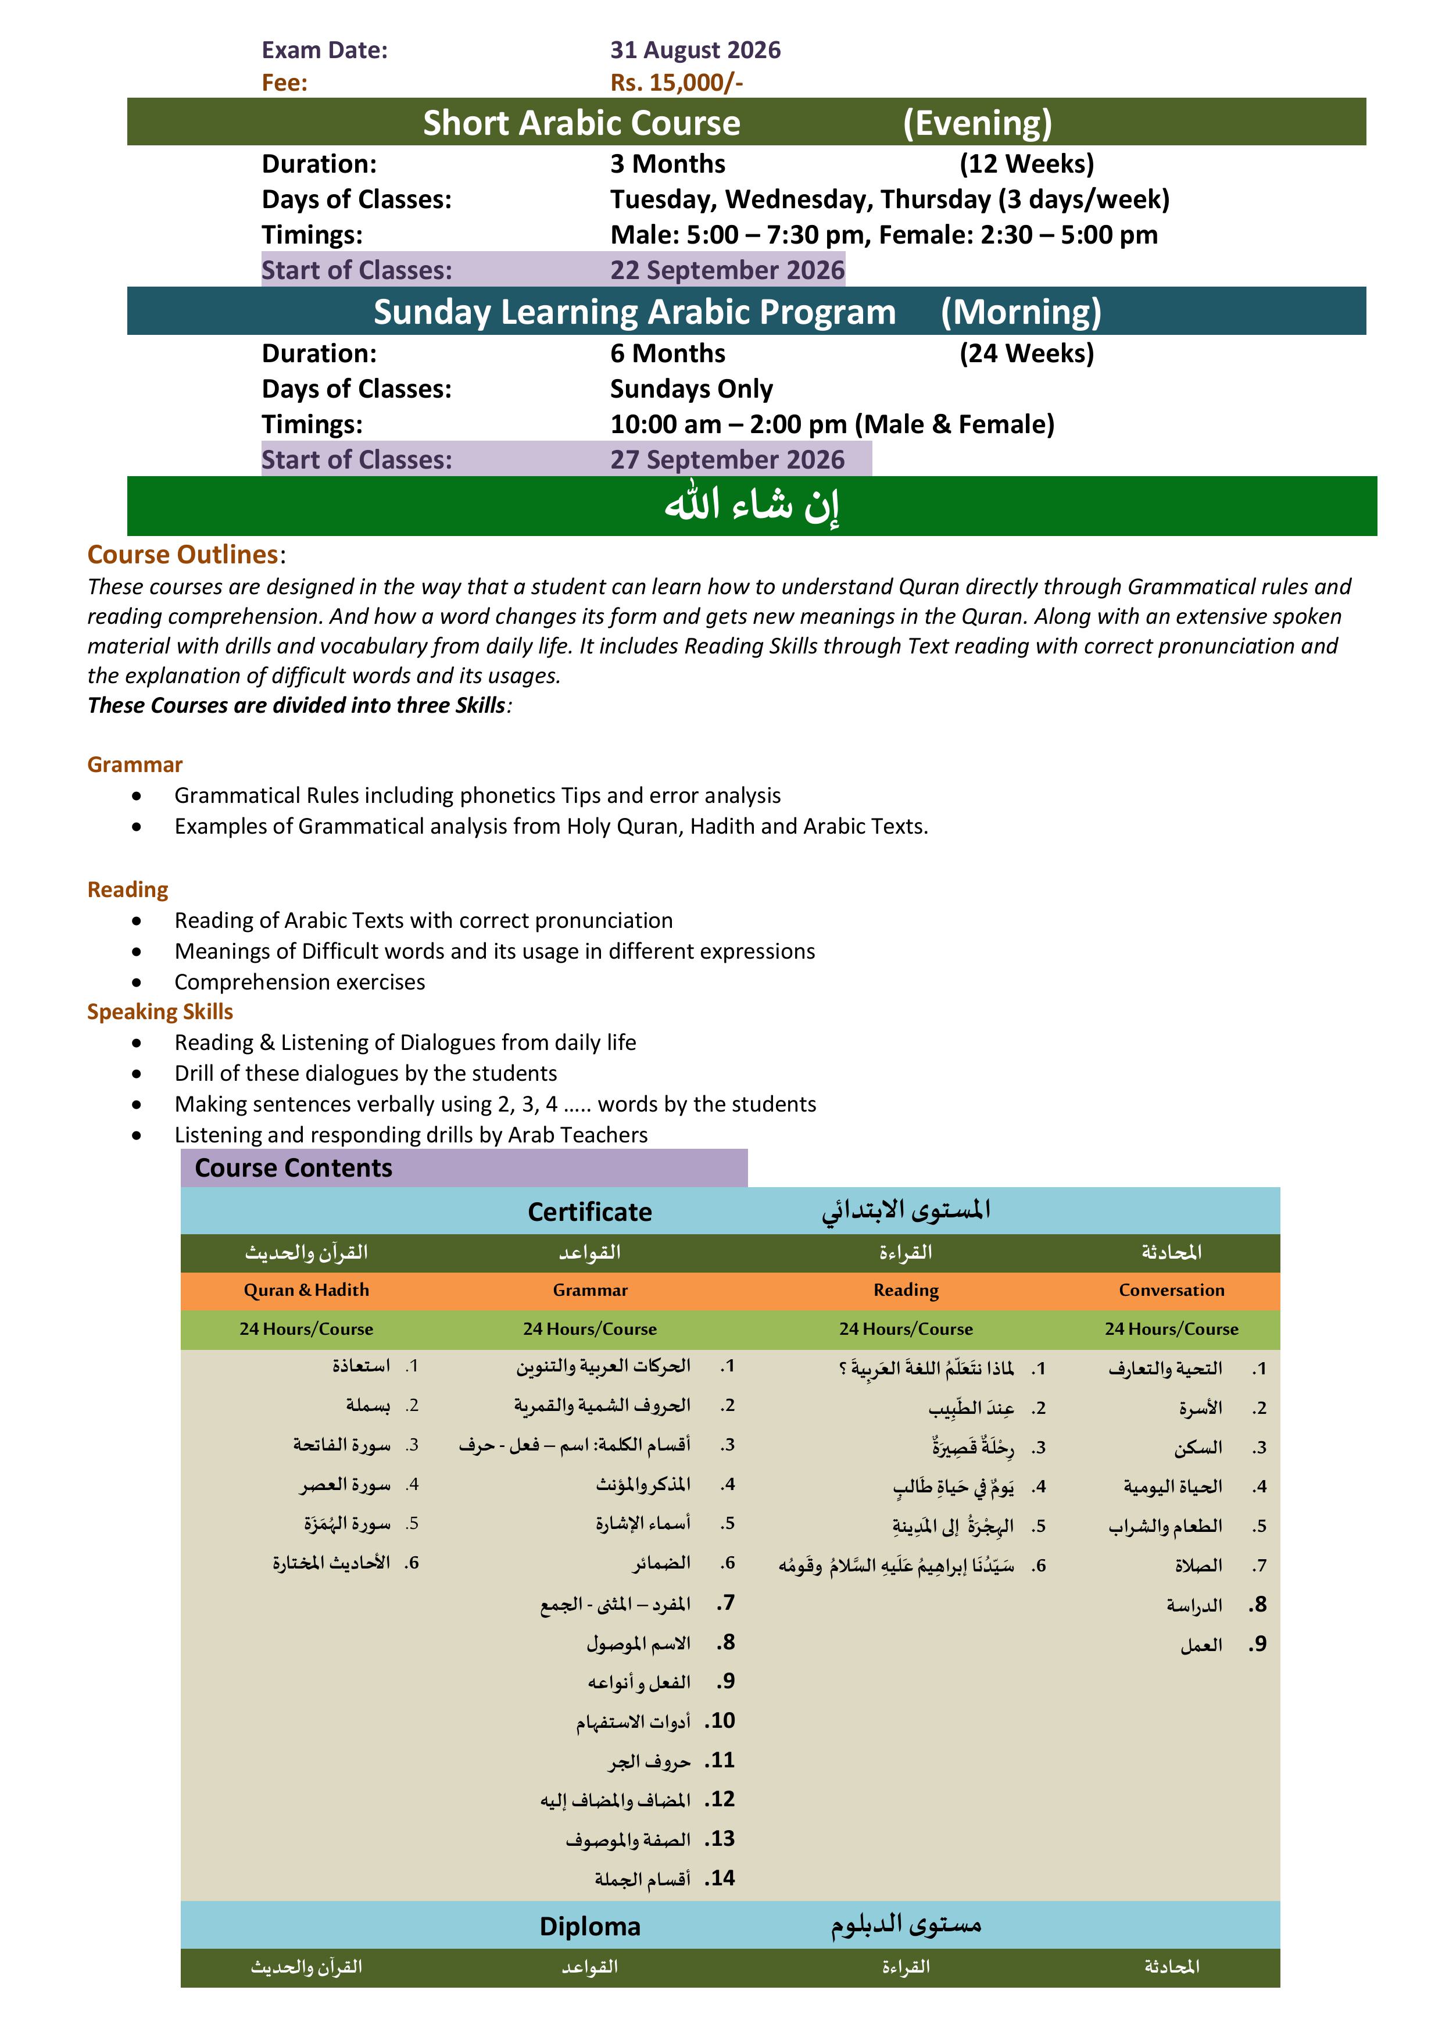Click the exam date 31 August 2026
[x=695, y=50]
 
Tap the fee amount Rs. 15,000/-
[x=676, y=83]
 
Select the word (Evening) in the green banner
[x=976, y=123]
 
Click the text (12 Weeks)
[x=1026, y=163]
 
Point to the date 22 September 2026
[x=727, y=270]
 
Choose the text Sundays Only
[x=691, y=388]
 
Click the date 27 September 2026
[x=727, y=459]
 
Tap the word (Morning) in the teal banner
[x=1021, y=312]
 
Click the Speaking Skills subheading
[x=160, y=1011]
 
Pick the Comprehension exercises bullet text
[x=299, y=982]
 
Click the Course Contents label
[x=293, y=1167]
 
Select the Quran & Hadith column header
[x=306, y=1290]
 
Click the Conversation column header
[x=1171, y=1290]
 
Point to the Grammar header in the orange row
[x=590, y=1290]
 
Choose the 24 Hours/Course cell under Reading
[x=906, y=1329]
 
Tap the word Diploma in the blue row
[x=590, y=1926]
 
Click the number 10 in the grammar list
[x=721, y=1721]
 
